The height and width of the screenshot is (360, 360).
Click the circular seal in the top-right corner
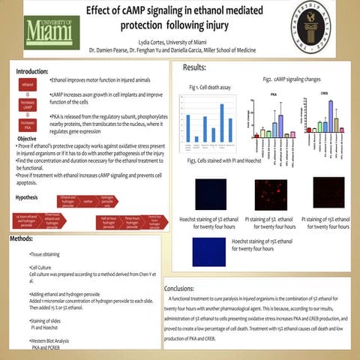(x=323, y=29)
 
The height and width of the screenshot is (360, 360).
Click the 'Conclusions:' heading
(x=184, y=288)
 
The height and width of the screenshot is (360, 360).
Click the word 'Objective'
(x=27, y=139)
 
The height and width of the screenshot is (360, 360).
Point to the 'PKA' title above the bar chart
(x=274, y=95)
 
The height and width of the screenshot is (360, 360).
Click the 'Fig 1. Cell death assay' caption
(x=209, y=88)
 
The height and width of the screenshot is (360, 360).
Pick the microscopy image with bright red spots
(x=271, y=193)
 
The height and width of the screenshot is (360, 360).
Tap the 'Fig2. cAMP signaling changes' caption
(x=292, y=79)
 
